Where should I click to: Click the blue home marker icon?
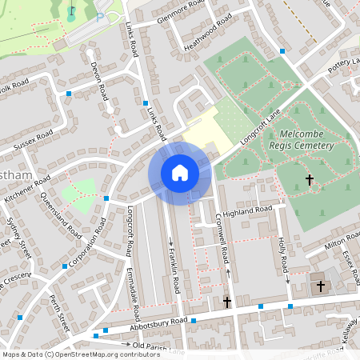[x=180, y=173]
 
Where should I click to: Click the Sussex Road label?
[x=34, y=141]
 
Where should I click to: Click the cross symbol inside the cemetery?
[x=310, y=181]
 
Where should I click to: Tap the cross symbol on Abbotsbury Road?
[x=227, y=302]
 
